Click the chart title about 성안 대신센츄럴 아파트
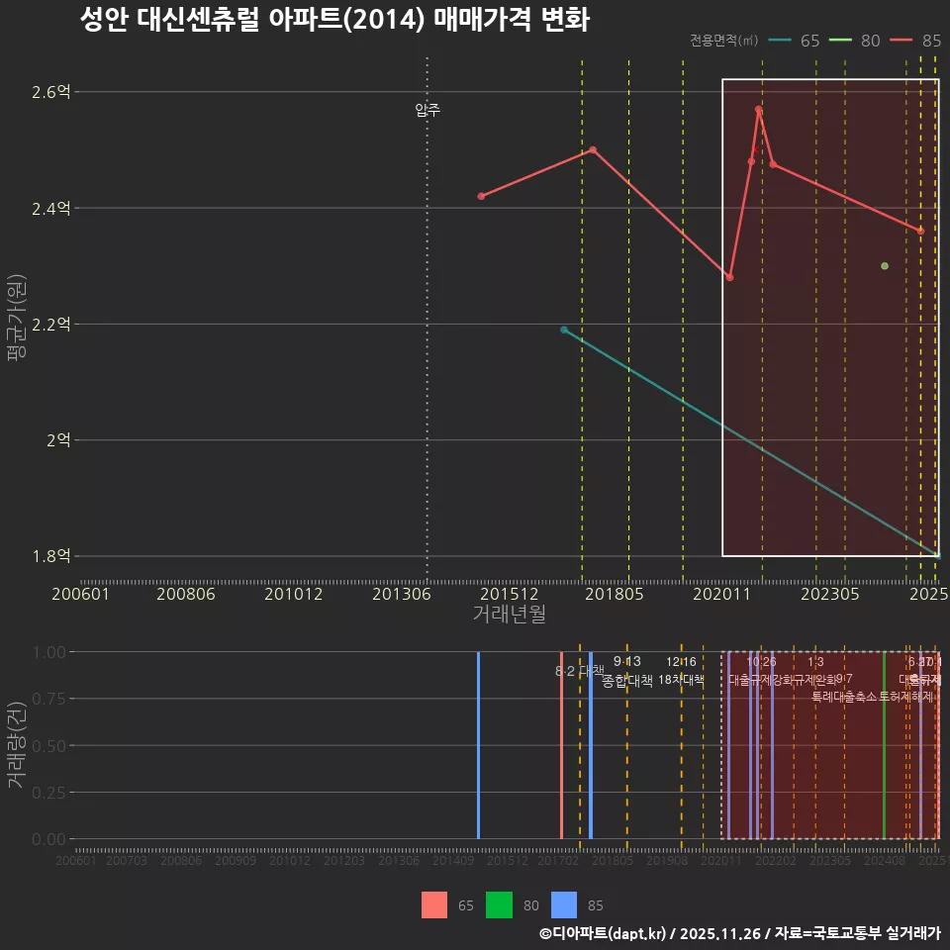334,19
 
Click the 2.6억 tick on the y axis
51,92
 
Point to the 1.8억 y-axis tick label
51,556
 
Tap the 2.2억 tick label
51,325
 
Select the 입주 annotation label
427,110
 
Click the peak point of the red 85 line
758,109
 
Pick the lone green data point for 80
885,266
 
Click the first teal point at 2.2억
564,330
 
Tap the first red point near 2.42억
481,196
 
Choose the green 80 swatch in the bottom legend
499,904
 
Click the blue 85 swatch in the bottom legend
563,904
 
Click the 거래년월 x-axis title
509,614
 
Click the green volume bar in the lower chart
884,745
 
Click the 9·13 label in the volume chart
626,662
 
